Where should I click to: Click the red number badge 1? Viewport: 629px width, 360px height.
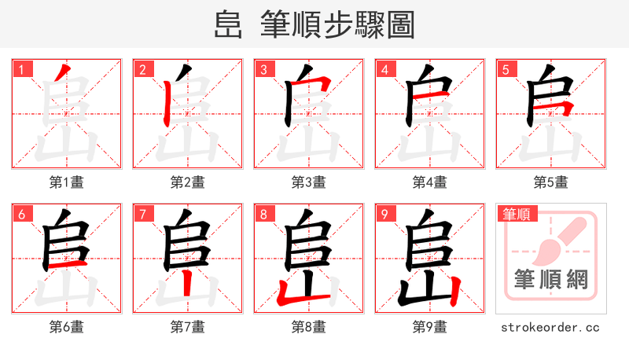pyautogui.click(x=21, y=70)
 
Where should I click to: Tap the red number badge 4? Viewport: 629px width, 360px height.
pyautogui.click(x=384, y=70)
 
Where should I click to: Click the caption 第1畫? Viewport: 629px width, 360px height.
pyautogui.click(x=66, y=182)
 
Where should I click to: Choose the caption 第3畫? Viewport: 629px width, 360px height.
pyautogui.click(x=308, y=182)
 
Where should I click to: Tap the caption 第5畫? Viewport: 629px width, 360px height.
pyautogui.click(x=550, y=182)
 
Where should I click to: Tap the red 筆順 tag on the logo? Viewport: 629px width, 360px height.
pyautogui.click(x=516, y=214)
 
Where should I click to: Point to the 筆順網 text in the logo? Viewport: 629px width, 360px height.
pyautogui.click(x=550, y=279)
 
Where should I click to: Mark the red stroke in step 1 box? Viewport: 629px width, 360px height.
pyautogui.click(x=63, y=75)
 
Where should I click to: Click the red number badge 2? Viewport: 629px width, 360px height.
pyautogui.click(x=142, y=70)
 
